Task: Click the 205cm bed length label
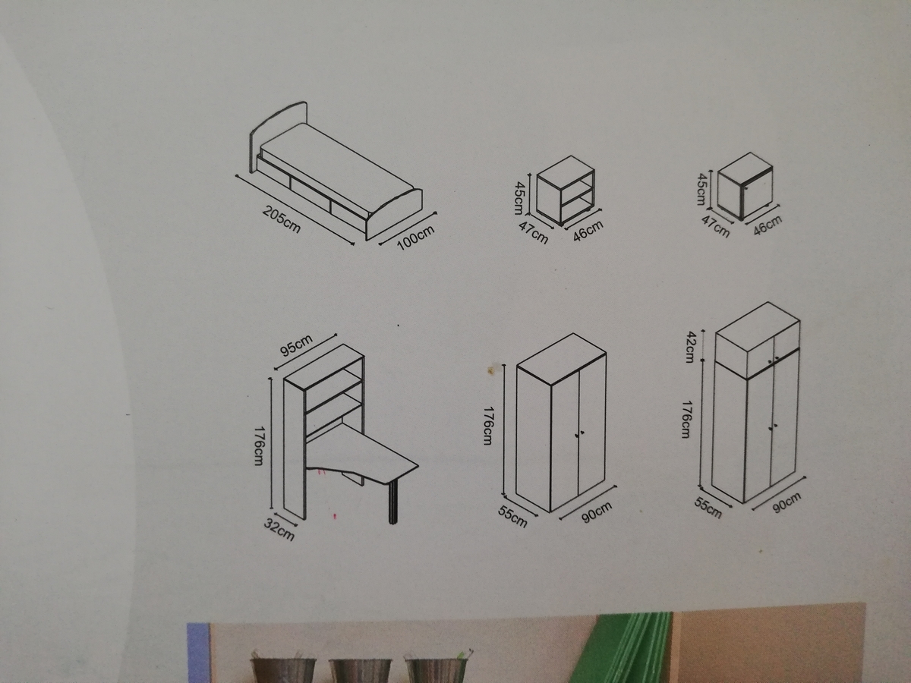point(282,220)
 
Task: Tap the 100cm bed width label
point(416,238)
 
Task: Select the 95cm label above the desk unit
point(296,346)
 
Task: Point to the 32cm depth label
point(279,530)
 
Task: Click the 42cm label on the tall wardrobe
point(689,347)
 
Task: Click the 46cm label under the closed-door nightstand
point(768,225)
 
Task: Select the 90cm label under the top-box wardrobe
point(786,503)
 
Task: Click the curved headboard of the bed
point(278,137)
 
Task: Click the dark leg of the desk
point(392,502)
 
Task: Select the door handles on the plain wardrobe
point(579,434)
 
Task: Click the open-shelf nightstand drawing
point(566,190)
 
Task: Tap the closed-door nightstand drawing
point(746,185)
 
